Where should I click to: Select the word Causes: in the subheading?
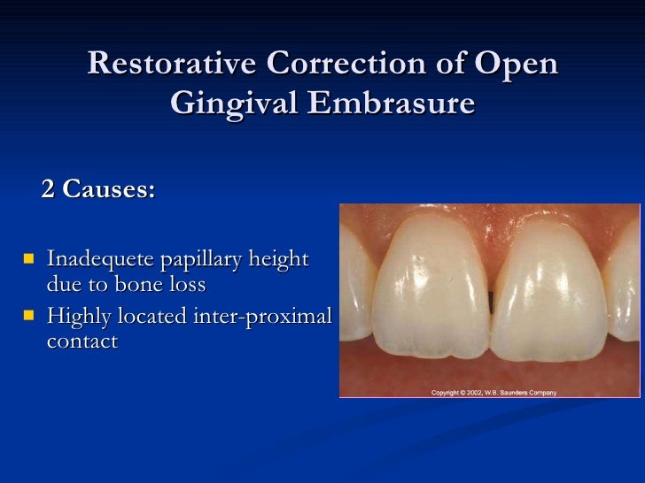tap(108, 190)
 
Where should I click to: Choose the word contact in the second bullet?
tap(82, 341)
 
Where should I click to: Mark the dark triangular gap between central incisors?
tap(490, 296)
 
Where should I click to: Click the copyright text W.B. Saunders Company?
tap(522, 392)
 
